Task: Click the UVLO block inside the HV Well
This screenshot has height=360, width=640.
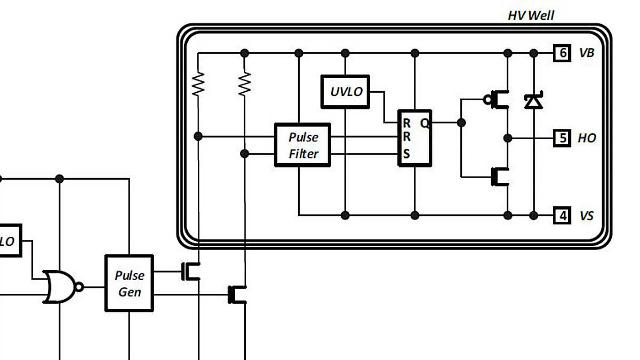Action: pos(346,91)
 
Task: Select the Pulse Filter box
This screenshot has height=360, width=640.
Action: pos(302,145)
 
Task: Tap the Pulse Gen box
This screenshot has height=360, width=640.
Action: pos(129,283)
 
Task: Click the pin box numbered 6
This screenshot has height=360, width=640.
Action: pos(562,53)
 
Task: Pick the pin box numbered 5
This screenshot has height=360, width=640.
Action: pos(562,138)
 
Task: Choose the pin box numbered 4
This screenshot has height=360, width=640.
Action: pos(562,215)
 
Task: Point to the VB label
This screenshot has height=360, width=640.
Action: pos(586,53)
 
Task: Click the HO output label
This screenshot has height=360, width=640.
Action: pos(587,138)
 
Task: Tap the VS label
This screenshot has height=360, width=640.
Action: pos(586,216)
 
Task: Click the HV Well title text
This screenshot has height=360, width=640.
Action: pos(530,15)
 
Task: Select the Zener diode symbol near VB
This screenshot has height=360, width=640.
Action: pos(533,100)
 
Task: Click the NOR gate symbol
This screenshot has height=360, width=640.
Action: pos(60,287)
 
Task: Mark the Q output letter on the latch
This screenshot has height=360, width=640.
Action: pos(425,123)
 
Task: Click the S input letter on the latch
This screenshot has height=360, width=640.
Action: pos(406,155)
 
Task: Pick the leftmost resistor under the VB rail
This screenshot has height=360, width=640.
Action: pos(198,84)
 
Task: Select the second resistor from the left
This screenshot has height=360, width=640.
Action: pos(244,84)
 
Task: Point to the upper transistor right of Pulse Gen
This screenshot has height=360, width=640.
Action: pos(191,271)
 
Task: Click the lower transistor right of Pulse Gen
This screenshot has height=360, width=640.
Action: pos(237,294)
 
